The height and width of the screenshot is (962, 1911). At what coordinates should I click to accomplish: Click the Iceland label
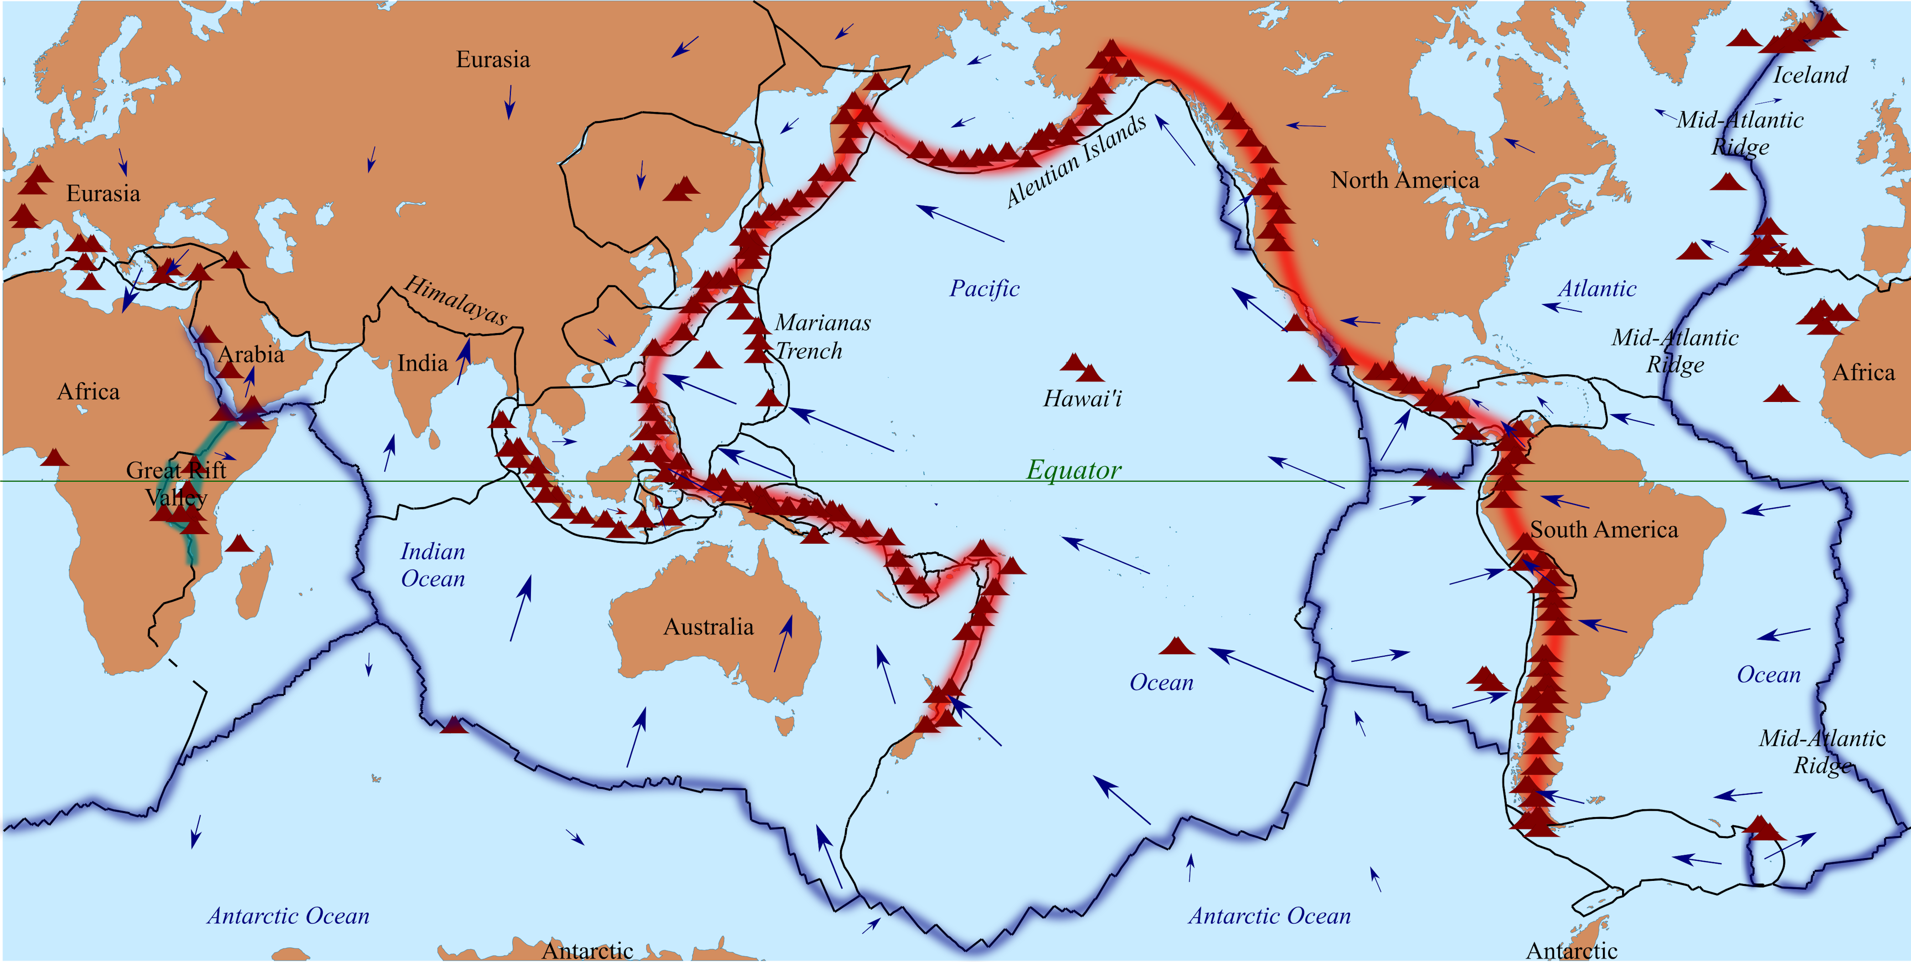(1810, 75)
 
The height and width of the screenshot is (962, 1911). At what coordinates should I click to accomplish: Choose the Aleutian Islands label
(1076, 160)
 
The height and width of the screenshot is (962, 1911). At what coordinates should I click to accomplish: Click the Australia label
(708, 627)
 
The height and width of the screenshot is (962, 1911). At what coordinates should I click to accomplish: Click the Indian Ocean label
(433, 565)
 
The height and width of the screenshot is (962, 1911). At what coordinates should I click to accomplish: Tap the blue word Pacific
(984, 288)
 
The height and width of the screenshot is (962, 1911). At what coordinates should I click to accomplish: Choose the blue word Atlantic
(1597, 288)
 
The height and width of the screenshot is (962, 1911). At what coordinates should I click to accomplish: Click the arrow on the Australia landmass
(783, 644)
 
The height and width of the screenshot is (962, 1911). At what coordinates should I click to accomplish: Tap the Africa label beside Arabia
(88, 391)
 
